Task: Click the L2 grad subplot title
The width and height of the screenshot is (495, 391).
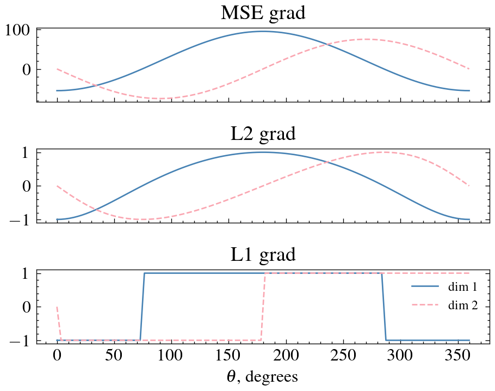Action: (x=263, y=133)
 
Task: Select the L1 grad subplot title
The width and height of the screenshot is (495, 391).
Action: (x=263, y=254)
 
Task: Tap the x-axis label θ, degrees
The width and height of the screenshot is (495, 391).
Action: (x=263, y=376)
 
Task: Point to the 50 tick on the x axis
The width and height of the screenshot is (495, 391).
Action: (x=114, y=356)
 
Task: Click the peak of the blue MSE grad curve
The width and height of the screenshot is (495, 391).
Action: (x=263, y=31)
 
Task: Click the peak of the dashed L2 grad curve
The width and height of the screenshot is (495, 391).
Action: (x=384, y=152)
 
